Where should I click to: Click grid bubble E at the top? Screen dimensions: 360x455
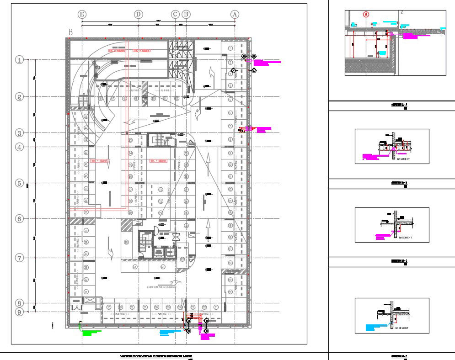82,14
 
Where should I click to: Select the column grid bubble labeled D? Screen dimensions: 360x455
139,14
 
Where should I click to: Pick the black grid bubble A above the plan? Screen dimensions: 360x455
235,14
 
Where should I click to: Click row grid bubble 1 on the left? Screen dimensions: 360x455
19,60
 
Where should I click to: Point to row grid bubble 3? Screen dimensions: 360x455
19,133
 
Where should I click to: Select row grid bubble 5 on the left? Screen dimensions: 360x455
19,183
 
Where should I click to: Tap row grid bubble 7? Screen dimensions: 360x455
19,258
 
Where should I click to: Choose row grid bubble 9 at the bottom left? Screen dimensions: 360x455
19,312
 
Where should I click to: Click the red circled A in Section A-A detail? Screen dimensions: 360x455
366,14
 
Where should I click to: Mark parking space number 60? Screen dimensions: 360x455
126,242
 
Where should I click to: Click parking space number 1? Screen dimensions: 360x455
230,48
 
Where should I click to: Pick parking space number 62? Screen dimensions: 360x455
163,267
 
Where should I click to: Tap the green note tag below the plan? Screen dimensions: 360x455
91,333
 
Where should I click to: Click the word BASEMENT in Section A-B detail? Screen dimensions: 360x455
403,159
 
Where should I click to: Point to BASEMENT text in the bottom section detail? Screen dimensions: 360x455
402,328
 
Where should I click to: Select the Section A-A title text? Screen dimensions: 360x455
400,105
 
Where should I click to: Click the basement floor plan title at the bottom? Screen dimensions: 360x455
155,355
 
